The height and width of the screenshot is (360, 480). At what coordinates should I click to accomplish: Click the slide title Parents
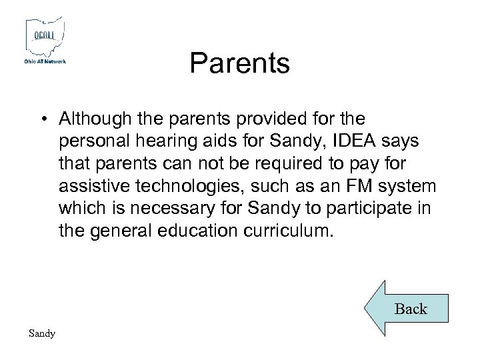click(239, 64)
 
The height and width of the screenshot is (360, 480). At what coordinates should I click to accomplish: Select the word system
click(411, 187)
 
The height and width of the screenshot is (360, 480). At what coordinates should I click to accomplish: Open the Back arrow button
click(406, 308)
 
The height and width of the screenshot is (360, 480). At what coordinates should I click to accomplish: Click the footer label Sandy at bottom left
click(42, 333)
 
